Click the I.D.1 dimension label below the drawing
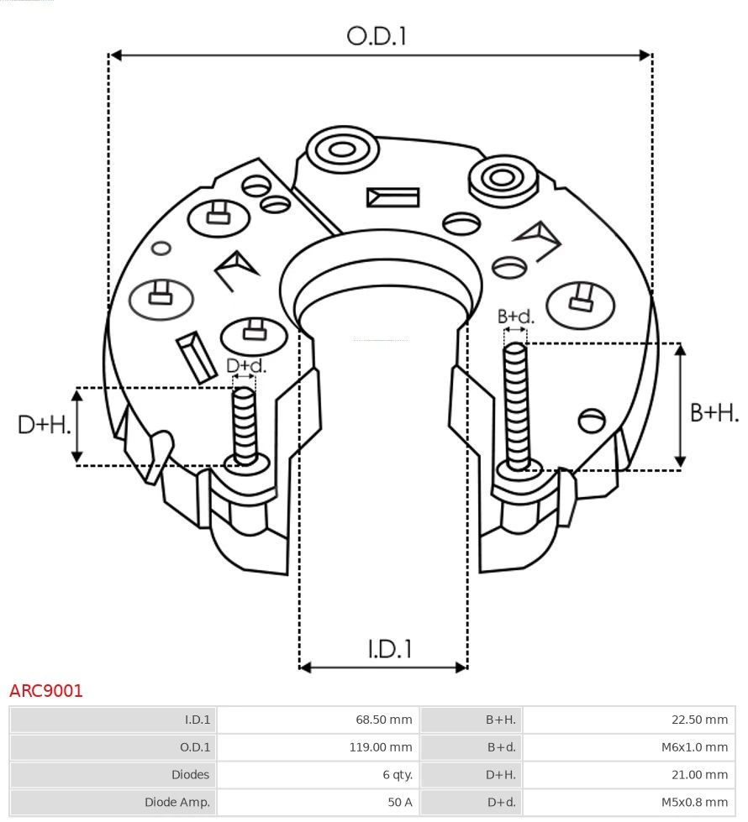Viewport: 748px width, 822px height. click(390, 649)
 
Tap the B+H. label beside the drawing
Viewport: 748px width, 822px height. click(714, 412)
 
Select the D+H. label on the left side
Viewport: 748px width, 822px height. click(44, 425)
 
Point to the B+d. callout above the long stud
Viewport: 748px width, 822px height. click(515, 317)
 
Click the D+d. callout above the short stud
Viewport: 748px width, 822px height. click(246, 366)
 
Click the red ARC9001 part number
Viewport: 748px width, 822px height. click(46, 691)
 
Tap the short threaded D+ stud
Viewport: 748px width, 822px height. click(245, 425)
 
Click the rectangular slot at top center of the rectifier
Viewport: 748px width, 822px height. click(392, 197)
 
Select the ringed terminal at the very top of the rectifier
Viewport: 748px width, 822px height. click(341, 151)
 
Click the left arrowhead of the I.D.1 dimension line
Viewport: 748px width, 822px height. click(305, 668)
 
